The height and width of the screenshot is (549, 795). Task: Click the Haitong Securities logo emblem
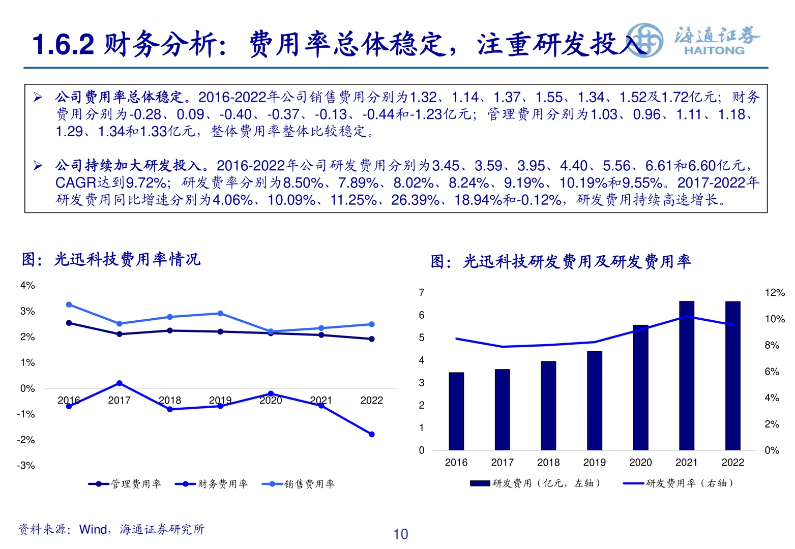[644, 40]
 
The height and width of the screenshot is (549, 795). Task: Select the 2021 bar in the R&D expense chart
[686, 376]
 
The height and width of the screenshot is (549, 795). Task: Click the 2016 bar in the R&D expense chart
[456, 411]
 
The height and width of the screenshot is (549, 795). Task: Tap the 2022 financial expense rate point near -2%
[371, 434]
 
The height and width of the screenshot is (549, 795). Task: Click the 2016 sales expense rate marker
[69, 304]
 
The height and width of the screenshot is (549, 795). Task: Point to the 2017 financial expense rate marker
[120, 383]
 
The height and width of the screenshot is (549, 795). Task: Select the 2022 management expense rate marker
[371, 339]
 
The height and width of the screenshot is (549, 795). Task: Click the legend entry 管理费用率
[125, 484]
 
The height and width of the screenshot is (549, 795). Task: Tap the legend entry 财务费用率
[212, 484]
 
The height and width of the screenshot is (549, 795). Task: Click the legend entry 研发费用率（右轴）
[679, 483]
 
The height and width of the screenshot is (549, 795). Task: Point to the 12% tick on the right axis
[775, 293]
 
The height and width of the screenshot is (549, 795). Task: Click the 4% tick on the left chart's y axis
[27, 286]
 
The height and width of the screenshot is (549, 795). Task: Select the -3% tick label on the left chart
[26, 466]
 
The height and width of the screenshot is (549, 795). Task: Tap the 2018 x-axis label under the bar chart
[548, 463]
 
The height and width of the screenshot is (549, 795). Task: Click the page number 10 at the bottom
[400, 534]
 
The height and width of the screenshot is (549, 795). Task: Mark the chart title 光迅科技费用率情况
[127, 259]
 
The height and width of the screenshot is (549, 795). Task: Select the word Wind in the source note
[93, 530]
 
